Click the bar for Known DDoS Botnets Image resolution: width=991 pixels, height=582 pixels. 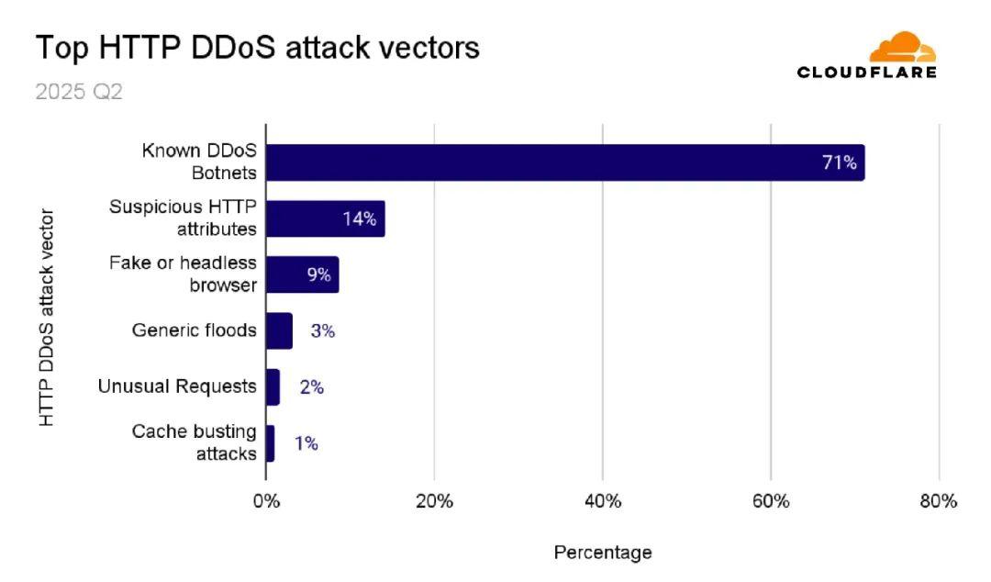564,162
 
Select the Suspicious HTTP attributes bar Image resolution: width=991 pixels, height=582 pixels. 325,218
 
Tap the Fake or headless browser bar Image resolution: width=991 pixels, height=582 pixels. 302,274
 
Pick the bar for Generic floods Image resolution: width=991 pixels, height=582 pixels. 279,330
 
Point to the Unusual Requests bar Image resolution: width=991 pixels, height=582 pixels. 273,386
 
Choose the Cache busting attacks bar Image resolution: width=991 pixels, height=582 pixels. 270,443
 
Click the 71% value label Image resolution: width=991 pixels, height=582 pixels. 839,163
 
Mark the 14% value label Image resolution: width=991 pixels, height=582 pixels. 359,219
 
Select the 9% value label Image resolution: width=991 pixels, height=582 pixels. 318,274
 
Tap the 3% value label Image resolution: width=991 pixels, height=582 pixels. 322,331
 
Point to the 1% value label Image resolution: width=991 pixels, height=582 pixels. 306,444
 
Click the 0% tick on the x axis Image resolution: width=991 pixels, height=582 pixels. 266,501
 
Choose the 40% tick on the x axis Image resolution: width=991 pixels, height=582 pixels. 603,501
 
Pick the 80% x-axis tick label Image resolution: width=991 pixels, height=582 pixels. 939,501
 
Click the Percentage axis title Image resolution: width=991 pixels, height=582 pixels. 603,553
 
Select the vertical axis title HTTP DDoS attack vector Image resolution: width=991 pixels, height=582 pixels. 47,318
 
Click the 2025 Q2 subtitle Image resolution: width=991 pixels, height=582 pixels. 79,93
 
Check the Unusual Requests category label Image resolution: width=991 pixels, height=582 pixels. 177,386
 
